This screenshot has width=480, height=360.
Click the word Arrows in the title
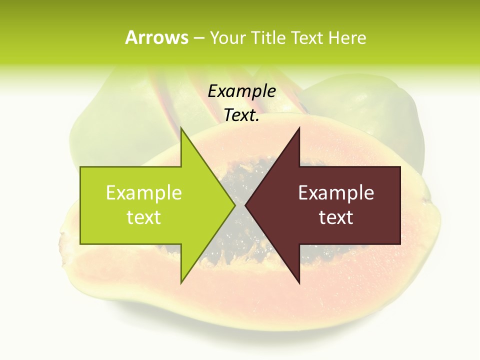[x=156, y=37]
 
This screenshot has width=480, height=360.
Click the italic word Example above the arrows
[x=241, y=91]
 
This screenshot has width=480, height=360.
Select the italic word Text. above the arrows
[x=241, y=115]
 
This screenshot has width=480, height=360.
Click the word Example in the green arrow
[x=144, y=193]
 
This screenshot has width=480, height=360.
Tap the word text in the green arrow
[x=144, y=217]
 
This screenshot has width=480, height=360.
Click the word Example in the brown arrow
[x=336, y=193]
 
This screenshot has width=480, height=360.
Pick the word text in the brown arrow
[x=336, y=217]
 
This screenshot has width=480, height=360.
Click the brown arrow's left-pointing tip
[x=246, y=205]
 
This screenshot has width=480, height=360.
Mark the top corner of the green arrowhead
[x=181, y=128]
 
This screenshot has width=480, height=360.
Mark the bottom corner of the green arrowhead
[x=181, y=282]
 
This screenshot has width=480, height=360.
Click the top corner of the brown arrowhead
[x=299, y=128]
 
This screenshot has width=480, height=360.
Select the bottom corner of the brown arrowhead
[x=299, y=282]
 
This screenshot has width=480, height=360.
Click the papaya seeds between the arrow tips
[x=240, y=230]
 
